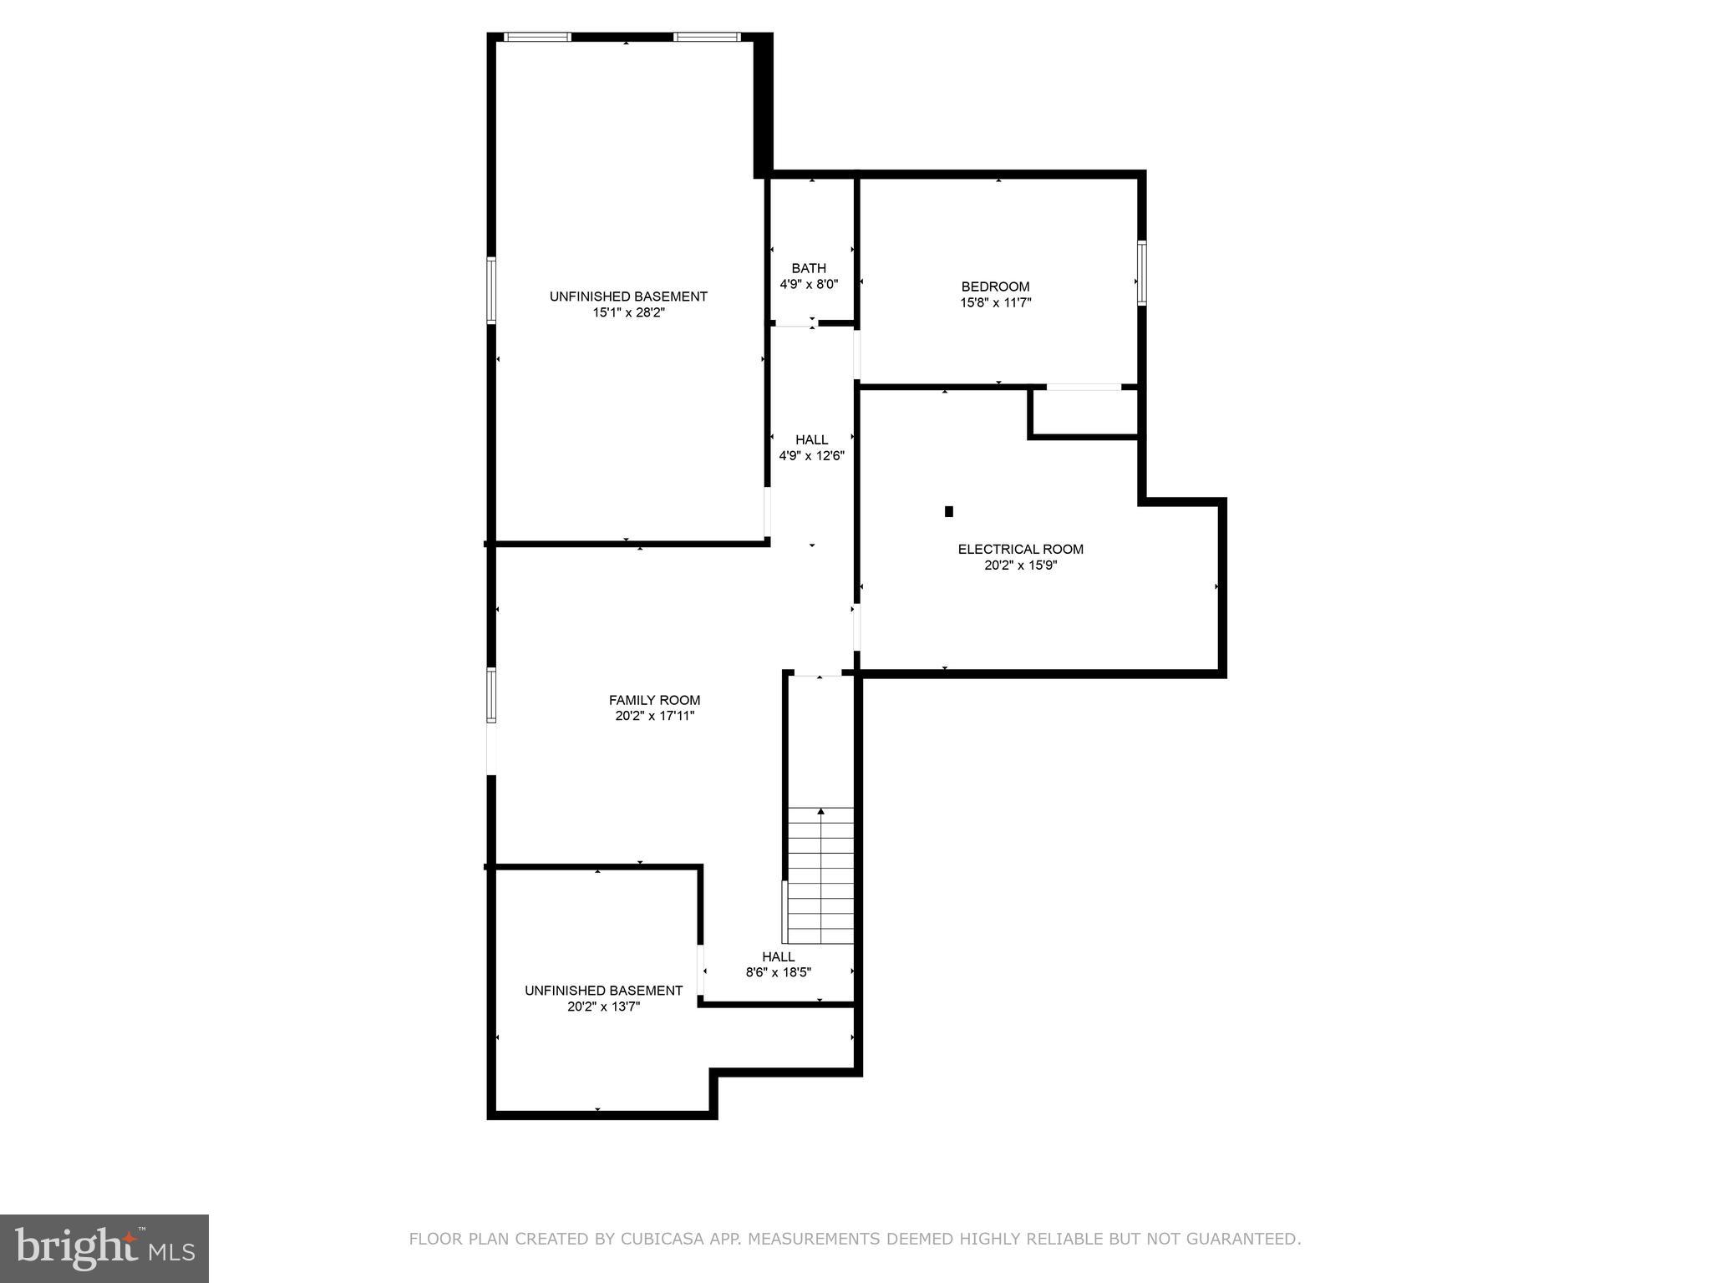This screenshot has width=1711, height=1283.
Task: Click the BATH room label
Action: click(x=808, y=268)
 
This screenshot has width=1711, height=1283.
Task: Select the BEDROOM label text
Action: click(x=995, y=287)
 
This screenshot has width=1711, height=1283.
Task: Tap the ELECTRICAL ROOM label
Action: click(x=1020, y=549)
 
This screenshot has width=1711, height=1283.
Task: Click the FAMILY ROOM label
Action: click(x=654, y=700)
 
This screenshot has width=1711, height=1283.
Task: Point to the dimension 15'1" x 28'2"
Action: click(x=628, y=312)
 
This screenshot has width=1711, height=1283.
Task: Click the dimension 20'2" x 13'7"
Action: click(x=603, y=1007)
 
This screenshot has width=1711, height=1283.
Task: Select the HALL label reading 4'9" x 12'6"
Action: click(x=811, y=440)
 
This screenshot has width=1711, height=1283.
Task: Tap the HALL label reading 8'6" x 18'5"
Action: click(x=778, y=956)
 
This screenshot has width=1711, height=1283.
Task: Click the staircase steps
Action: click(x=821, y=877)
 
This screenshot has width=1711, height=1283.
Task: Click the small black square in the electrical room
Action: click(x=948, y=511)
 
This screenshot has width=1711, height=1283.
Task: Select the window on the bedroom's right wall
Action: click(x=1141, y=272)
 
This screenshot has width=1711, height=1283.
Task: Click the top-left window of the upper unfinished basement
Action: click(x=538, y=37)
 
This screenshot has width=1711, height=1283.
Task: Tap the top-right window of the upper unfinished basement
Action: click(x=707, y=37)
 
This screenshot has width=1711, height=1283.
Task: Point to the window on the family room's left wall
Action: click(x=491, y=695)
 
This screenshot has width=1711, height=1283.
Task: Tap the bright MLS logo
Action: click(x=104, y=1248)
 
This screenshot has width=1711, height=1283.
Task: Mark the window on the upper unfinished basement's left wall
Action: click(x=491, y=290)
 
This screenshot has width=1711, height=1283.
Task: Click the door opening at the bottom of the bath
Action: click(x=795, y=323)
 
